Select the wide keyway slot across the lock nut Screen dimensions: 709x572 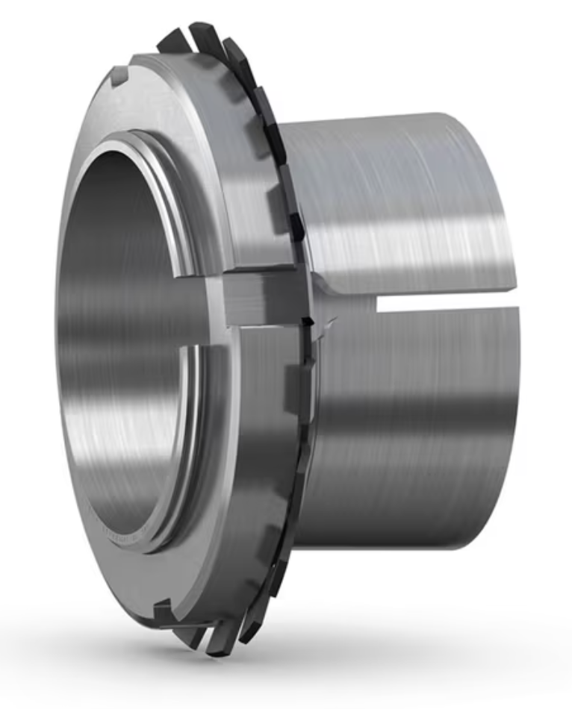pyautogui.click(x=261, y=296)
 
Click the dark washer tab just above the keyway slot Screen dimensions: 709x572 pyautogui.click(x=296, y=224)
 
